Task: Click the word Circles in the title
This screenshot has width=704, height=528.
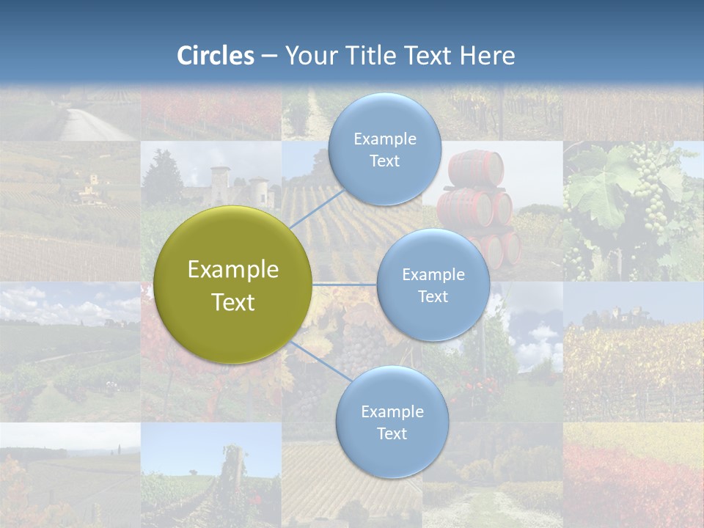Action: click(216, 56)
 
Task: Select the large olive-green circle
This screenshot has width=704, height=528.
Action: click(233, 285)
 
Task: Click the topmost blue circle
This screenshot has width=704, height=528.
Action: click(384, 150)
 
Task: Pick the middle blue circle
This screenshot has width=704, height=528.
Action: click(433, 285)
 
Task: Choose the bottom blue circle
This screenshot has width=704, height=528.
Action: click(392, 422)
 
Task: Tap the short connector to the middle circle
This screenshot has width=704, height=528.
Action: click(345, 284)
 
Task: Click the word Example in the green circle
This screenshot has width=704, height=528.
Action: click(233, 270)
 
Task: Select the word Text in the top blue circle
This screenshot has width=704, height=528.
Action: click(384, 161)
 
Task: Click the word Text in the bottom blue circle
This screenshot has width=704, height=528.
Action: click(392, 434)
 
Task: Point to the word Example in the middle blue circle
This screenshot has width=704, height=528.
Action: click(433, 275)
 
